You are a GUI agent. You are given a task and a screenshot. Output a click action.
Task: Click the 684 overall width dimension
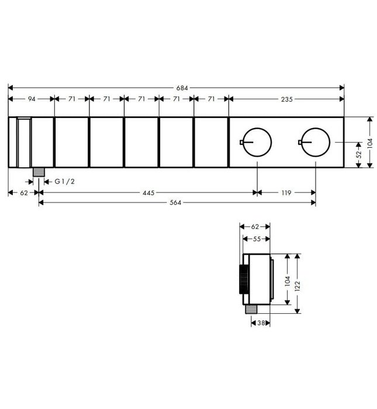pyautogui.click(x=182, y=88)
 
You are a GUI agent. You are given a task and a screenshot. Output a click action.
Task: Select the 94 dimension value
pyautogui.click(x=32, y=99)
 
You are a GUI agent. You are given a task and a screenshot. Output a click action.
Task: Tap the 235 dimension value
pyautogui.click(x=287, y=99)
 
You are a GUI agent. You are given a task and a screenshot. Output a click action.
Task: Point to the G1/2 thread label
pyautogui.click(x=65, y=181)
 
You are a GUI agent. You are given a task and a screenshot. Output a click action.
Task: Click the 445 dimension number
pyautogui.click(x=148, y=193)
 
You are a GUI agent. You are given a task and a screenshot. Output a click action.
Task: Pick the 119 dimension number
pyautogui.click(x=286, y=193)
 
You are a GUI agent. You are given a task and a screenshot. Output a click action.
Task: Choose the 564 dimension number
pyautogui.click(x=175, y=203)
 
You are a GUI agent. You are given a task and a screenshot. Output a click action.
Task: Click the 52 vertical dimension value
pyautogui.click(x=359, y=155)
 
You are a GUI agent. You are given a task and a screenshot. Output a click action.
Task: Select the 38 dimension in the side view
pyautogui.click(x=261, y=323)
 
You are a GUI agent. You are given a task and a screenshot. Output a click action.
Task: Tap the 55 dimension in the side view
pyautogui.click(x=257, y=238)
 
